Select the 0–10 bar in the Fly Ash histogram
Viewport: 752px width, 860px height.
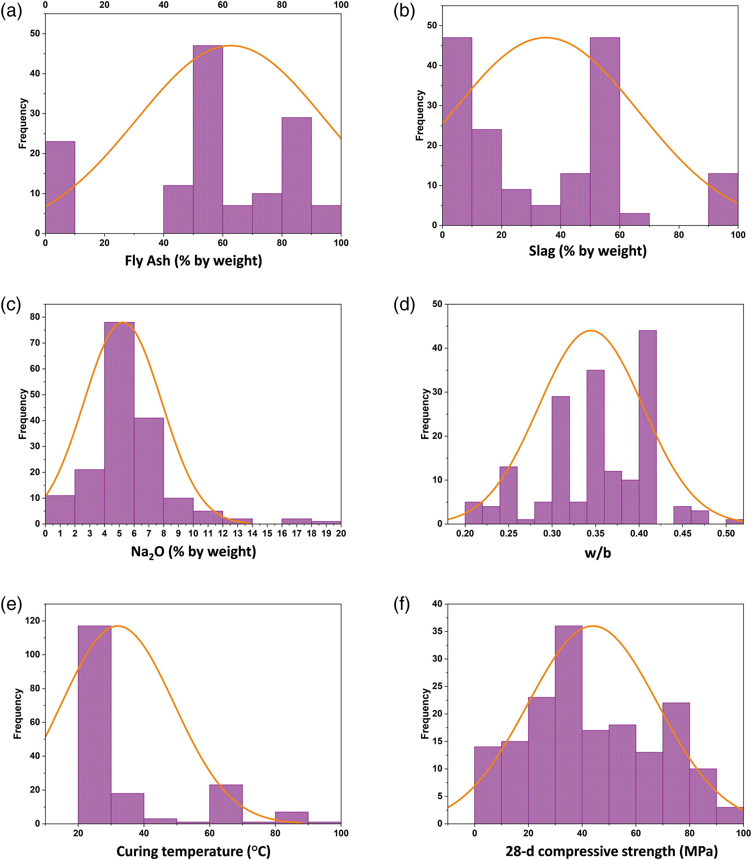coord(60,187)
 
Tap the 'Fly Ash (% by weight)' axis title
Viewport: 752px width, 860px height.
coord(193,261)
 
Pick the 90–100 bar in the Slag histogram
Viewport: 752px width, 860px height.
coord(723,199)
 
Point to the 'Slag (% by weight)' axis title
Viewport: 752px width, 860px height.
coord(588,251)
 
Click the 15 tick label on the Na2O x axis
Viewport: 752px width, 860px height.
coord(267,534)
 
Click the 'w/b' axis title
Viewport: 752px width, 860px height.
coord(598,553)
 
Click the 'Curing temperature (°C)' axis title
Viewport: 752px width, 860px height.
coord(193,851)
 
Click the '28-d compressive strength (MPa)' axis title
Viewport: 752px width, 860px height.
coord(611,851)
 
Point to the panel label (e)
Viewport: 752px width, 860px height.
coord(11,604)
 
